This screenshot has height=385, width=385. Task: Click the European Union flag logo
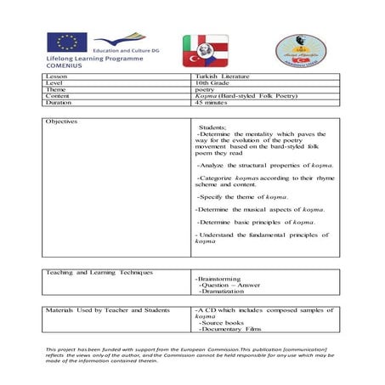point(67,42)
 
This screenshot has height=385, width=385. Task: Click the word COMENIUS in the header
point(67,65)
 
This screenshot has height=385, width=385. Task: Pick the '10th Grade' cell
point(211,83)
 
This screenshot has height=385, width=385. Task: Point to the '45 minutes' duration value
point(212,102)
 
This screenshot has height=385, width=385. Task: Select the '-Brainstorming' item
point(218,279)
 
